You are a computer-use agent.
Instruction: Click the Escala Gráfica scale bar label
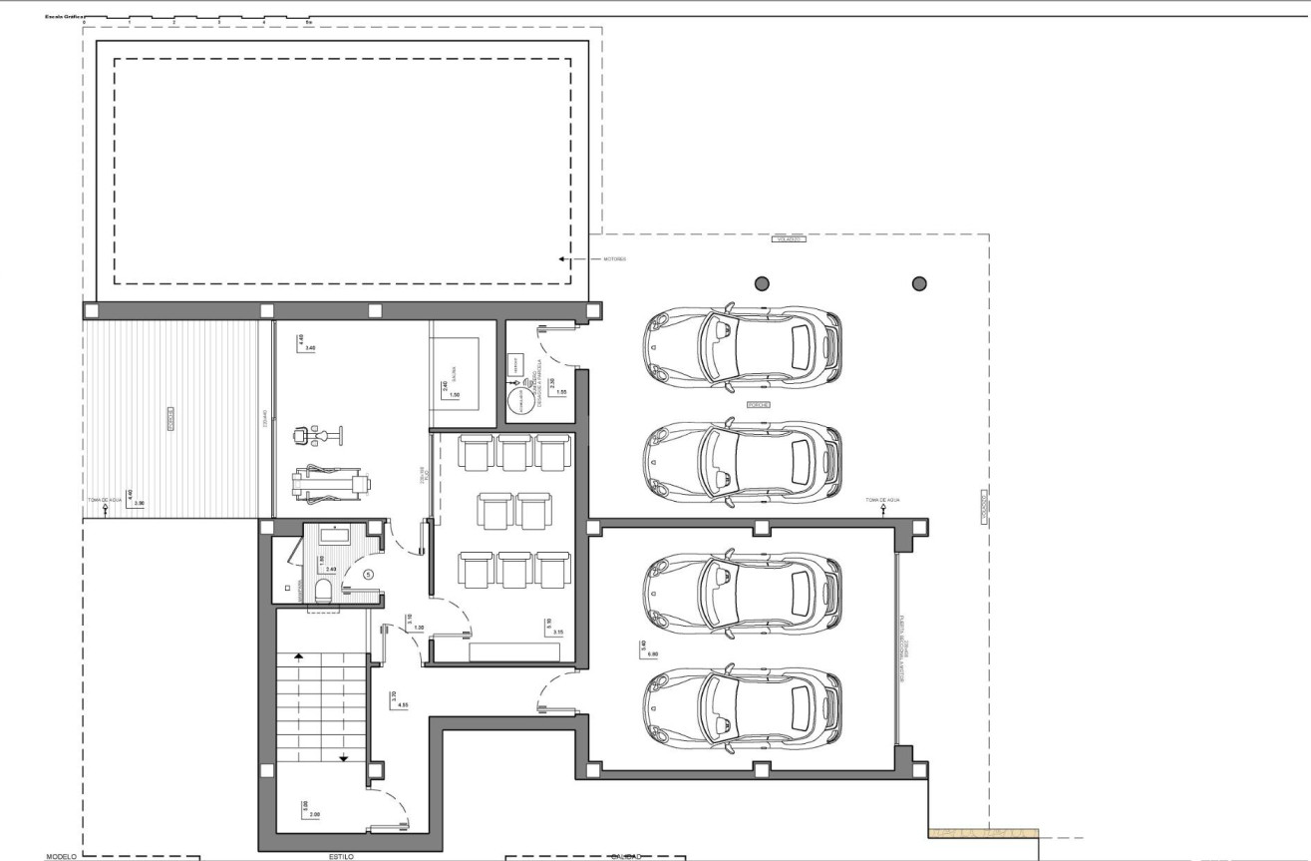62,18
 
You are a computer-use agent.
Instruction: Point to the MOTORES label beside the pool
614,259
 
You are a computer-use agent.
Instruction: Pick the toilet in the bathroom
323,592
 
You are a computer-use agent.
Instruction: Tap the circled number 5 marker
368,574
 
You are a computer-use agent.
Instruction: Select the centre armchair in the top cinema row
514,452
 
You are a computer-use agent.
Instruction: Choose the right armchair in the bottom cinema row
553,569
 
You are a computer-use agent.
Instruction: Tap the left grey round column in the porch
763,283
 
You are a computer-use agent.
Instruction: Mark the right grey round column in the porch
919,283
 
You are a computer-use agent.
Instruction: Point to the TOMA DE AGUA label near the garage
882,499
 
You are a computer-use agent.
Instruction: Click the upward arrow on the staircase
297,657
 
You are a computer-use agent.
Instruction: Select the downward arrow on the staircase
344,757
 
